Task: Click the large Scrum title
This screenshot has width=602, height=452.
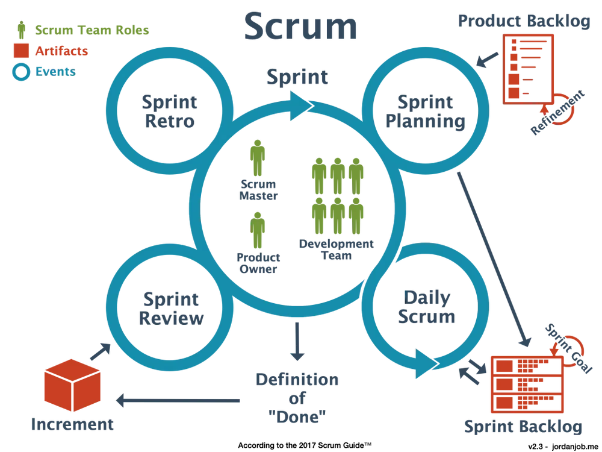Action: click(x=301, y=27)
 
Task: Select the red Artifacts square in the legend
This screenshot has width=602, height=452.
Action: click(x=23, y=51)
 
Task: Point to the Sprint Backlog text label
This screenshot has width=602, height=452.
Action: click(x=524, y=427)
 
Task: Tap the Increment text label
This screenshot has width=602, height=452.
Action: click(x=72, y=425)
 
